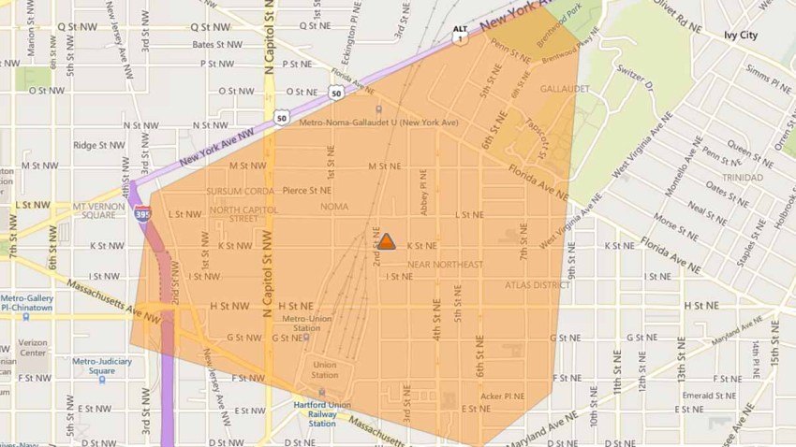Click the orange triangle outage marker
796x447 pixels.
pos(386,241)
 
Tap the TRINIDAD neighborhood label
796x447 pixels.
pos(742,178)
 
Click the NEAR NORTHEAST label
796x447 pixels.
pos(445,265)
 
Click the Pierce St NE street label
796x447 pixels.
pos(308,190)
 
